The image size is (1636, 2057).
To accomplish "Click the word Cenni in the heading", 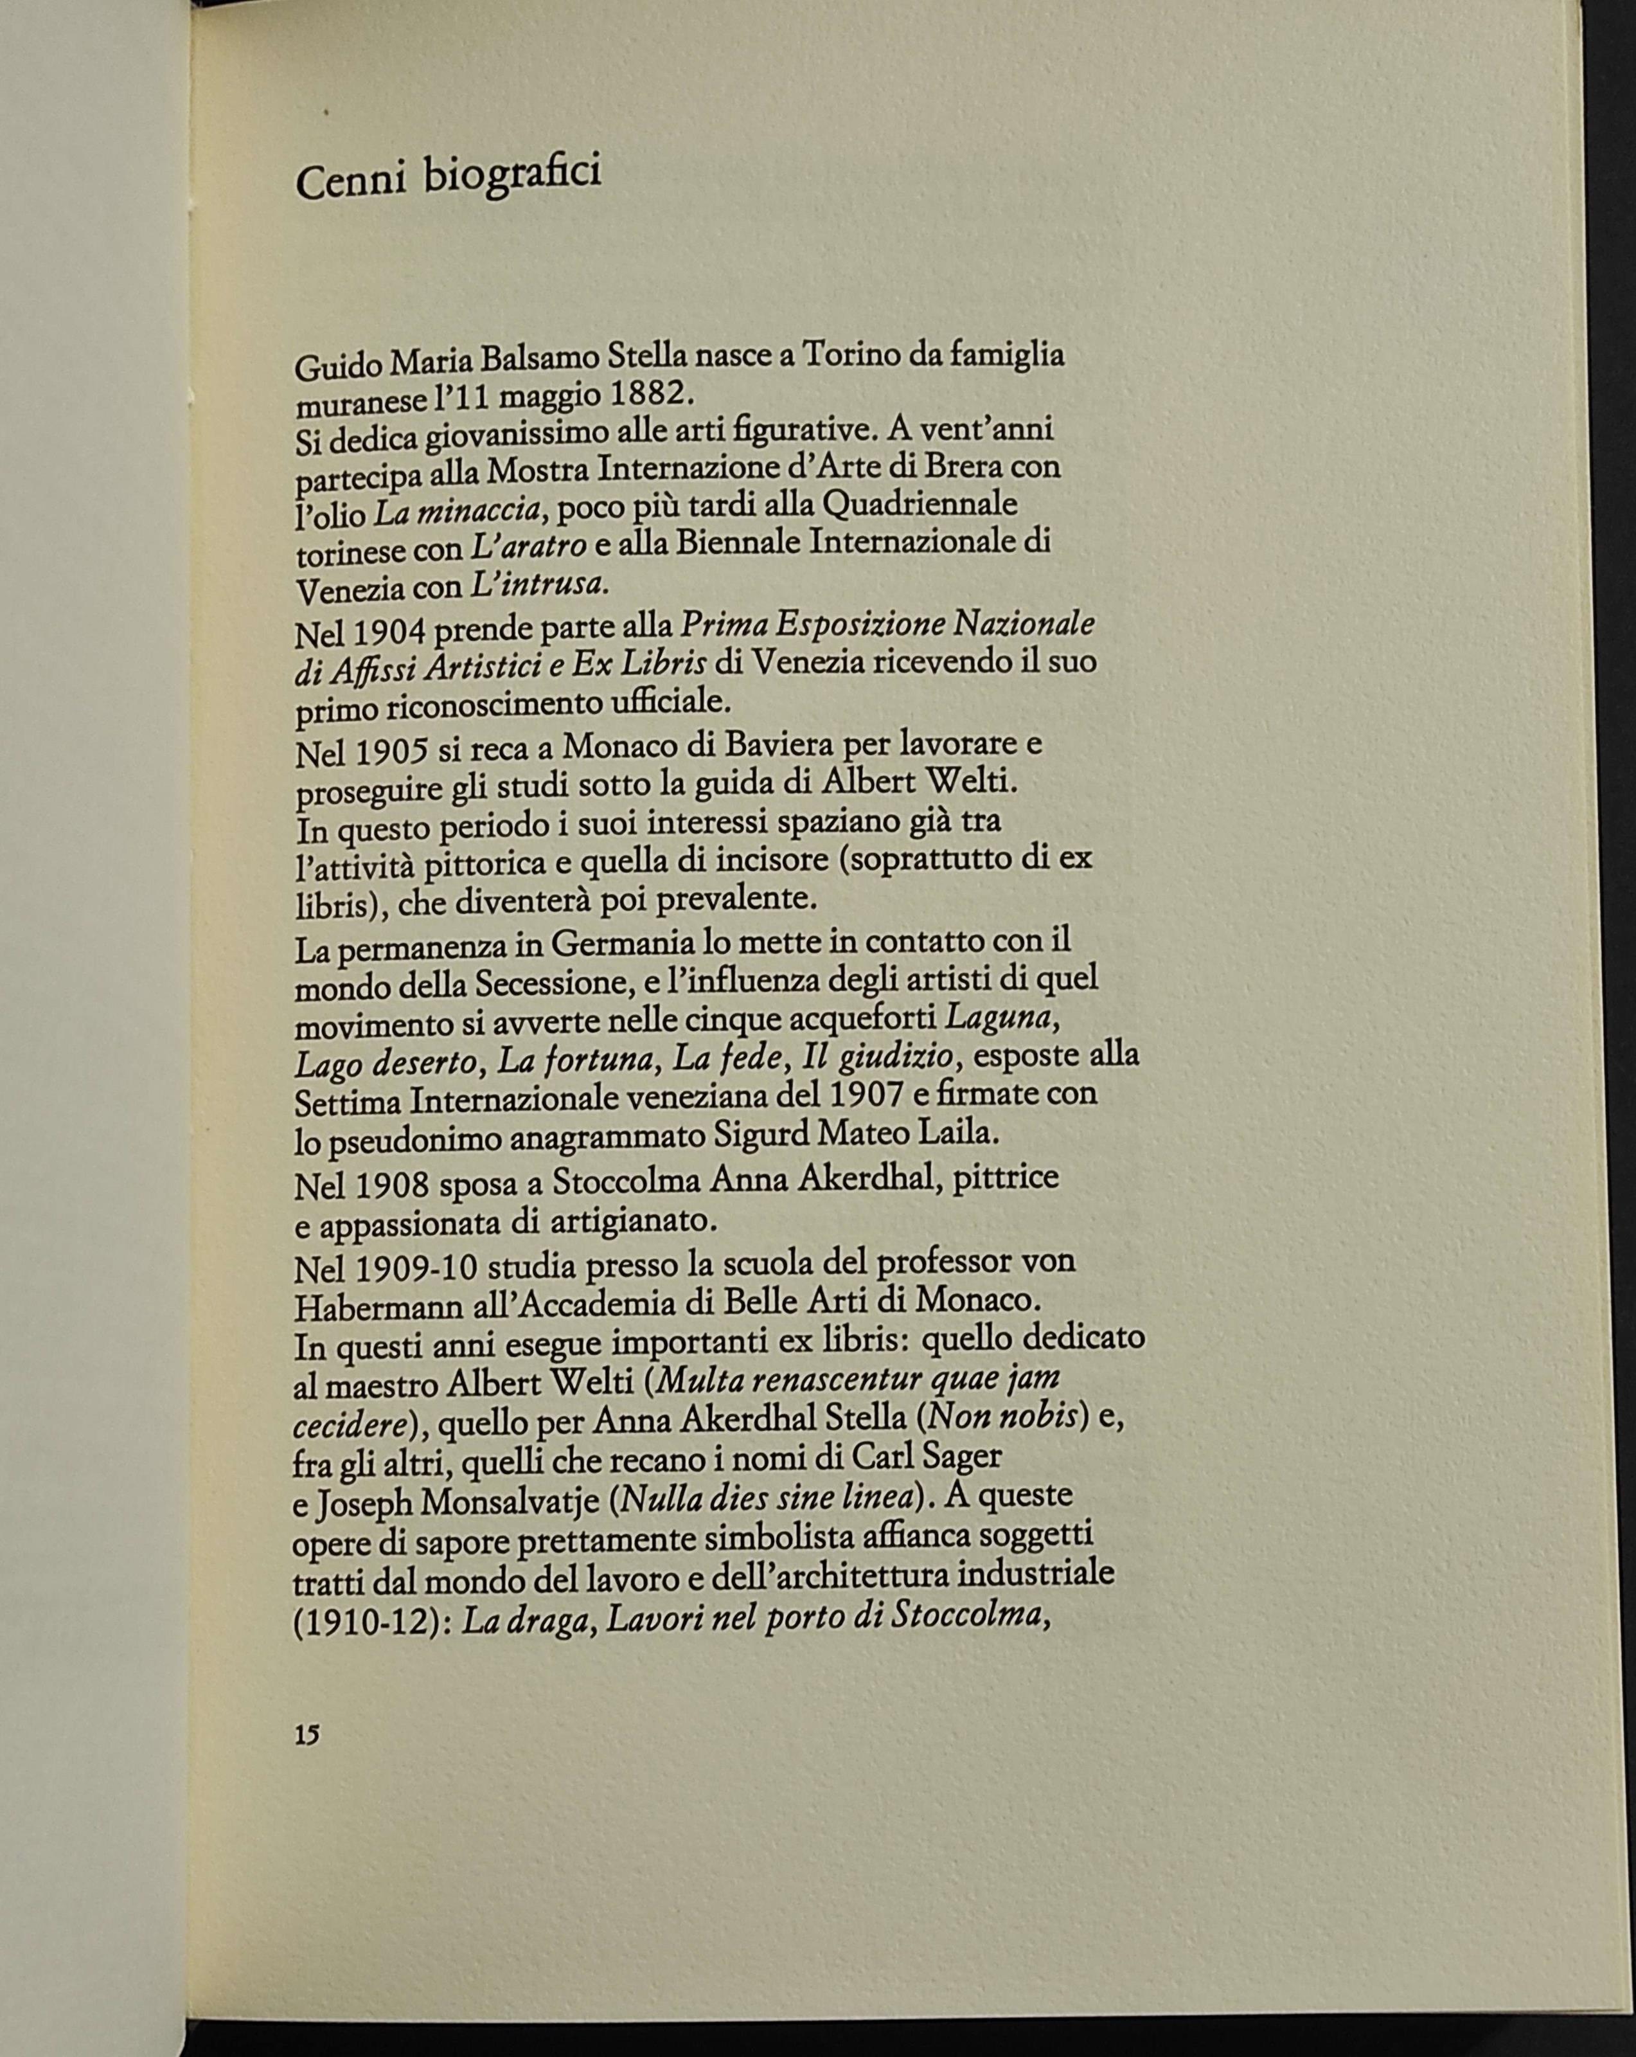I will pos(350,179).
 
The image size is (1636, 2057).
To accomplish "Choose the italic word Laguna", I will pos(1000,1018).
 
